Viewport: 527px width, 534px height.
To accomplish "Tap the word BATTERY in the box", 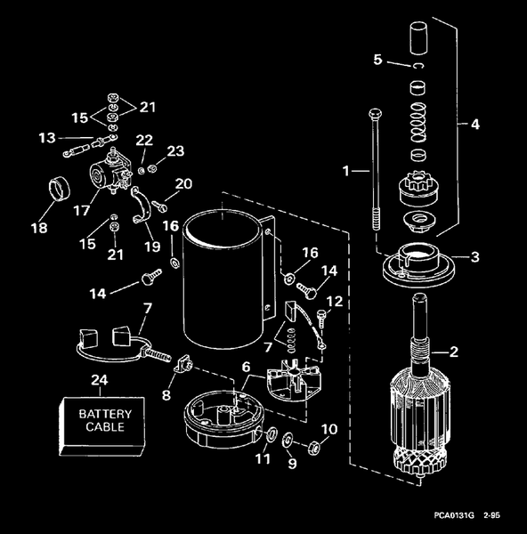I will click(x=105, y=414).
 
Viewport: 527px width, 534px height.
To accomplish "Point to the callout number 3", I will click(x=474, y=125).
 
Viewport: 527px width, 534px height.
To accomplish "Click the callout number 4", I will click(x=377, y=60).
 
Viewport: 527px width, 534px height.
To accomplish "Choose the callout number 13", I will click(x=47, y=137).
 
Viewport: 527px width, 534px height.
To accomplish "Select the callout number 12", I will click(x=336, y=302).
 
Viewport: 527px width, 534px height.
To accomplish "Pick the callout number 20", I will click(x=183, y=184).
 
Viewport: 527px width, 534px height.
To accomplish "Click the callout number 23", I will click(x=175, y=150).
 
